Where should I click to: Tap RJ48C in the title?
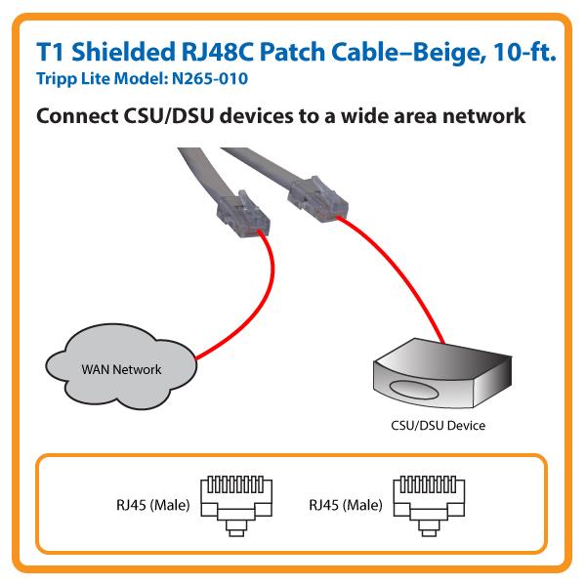[x=224, y=51]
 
